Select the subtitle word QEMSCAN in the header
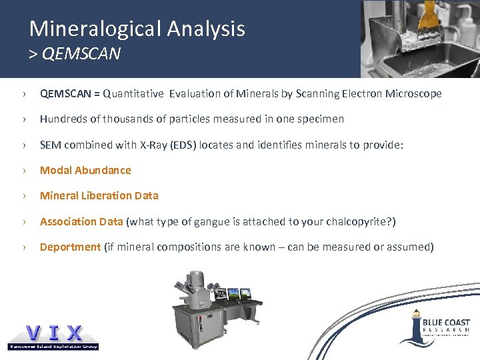coord(81,54)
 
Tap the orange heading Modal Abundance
coord(85,170)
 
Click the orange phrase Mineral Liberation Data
coord(99,195)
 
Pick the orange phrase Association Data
coord(81,221)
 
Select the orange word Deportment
coord(70,247)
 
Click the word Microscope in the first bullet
coord(413,94)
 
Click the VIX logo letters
coord(54,332)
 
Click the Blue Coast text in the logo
coord(446,322)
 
